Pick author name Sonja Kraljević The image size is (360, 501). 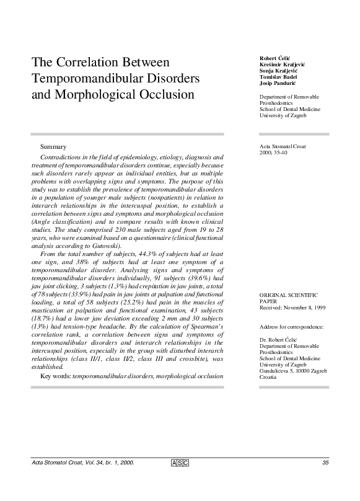tap(279, 70)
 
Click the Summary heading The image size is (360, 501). tap(53, 147)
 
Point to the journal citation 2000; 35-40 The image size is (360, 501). tap(273, 153)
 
